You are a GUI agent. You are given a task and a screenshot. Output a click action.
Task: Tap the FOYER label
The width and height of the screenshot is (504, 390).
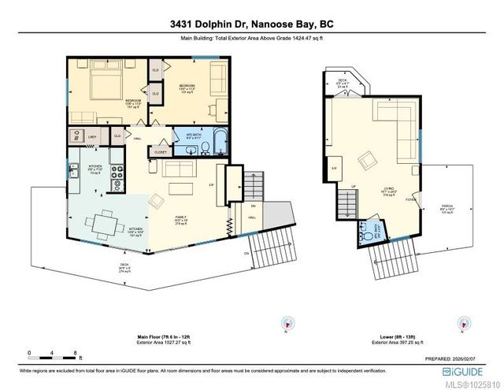[x=410, y=199]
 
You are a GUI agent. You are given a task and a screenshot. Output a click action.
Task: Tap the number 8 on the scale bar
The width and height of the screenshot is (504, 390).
[x=73, y=354]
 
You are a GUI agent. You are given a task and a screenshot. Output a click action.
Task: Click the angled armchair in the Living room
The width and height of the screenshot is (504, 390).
[x=367, y=161]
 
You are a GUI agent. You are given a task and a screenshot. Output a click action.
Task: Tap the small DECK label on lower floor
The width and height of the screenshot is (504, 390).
[x=343, y=80]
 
